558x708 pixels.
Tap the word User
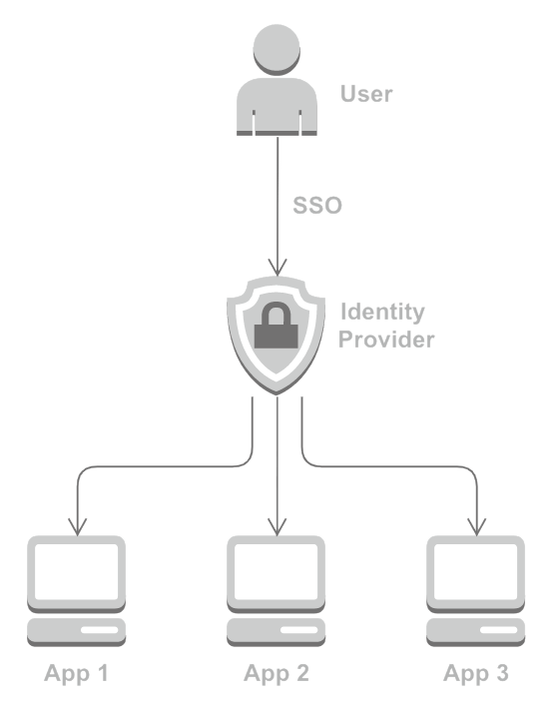point(366,94)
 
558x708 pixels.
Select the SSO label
point(317,206)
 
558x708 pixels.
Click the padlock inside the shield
point(276,326)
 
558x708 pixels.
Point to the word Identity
point(382,313)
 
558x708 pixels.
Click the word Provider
point(386,340)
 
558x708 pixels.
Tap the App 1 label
point(76,673)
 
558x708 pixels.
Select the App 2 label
point(277,673)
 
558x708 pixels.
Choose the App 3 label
point(476,673)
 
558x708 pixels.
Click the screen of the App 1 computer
point(76,571)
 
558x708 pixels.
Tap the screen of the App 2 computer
point(276,571)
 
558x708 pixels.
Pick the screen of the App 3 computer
point(476,571)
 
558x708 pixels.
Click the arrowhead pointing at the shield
point(278,268)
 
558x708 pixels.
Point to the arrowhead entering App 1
point(77,527)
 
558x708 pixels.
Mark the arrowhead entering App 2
point(277,527)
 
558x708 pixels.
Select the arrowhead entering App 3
point(477,527)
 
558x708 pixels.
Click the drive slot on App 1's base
point(99,630)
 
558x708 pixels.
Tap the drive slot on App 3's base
point(499,630)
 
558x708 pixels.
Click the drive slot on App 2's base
point(298,630)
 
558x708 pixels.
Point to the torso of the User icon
point(277,107)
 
